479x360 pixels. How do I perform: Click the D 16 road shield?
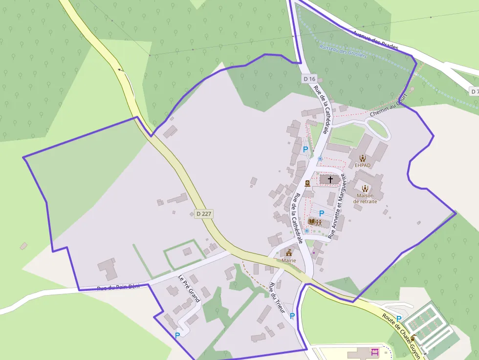tap(310, 79)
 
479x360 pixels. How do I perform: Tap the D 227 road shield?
tap(204, 214)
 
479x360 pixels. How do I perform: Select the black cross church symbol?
tap(330, 179)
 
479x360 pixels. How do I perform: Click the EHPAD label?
tap(363, 165)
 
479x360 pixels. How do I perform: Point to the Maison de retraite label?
tap(365, 198)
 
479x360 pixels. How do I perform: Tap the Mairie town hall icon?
tap(289, 253)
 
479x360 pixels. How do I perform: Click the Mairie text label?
tap(289, 260)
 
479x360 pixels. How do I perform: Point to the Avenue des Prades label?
tap(375, 40)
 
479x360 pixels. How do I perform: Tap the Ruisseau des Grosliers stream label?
tap(343, 50)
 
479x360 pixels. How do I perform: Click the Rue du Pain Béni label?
tap(118, 287)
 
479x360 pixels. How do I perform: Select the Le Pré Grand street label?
tap(189, 288)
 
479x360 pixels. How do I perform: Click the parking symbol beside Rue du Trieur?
tap(292, 316)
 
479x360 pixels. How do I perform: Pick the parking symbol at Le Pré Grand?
tap(177, 335)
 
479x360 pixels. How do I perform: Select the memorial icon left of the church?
tap(307, 183)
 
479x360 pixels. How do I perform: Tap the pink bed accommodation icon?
tap(375, 352)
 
